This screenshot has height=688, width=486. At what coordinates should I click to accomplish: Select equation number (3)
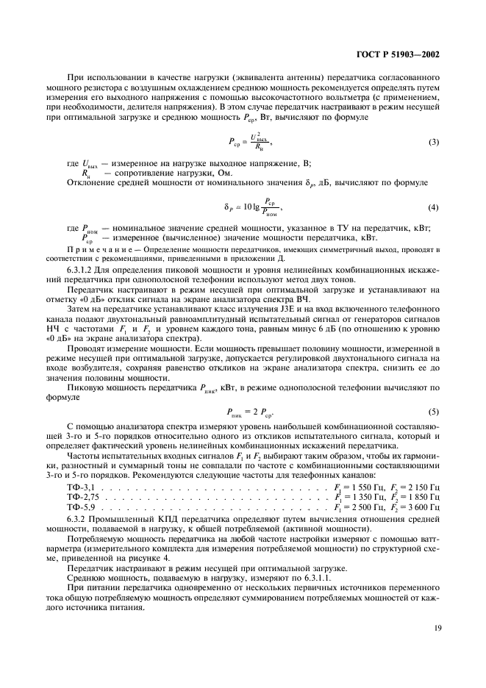click(432, 141)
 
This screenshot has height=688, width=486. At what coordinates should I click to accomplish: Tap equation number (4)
click(432, 208)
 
